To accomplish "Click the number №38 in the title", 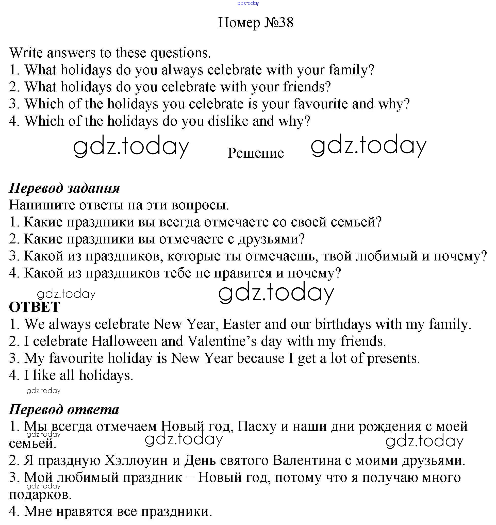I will point(279,23).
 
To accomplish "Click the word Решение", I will point(256,153).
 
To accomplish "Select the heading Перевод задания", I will point(64,188).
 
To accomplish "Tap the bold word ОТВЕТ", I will point(35,307).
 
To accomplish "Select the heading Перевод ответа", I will point(64,409).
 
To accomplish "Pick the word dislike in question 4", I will point(228,121).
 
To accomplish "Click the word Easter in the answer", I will point(242,324).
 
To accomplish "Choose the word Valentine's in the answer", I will point(222,341).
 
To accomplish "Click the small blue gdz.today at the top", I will point(248,3).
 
